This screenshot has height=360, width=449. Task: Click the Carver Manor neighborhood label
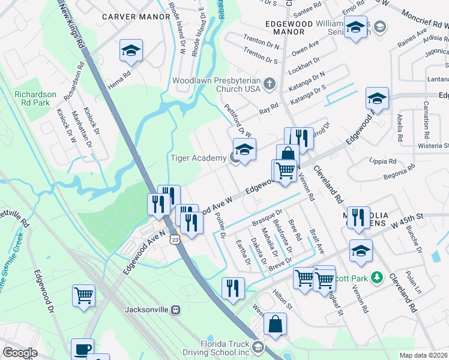[x=136, y=16]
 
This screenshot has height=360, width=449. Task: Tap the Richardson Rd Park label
[x=35, y=99]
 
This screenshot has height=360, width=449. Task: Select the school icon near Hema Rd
[x=130, y=52]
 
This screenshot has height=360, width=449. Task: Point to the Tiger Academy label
[x=197, y=158]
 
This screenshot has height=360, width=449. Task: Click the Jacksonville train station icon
[x=175, y=310]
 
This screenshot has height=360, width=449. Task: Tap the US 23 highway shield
[x=174, y=239]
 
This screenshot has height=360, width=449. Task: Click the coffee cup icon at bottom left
[x=82, y=349]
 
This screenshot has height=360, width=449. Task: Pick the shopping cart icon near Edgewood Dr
[x=83, y=295]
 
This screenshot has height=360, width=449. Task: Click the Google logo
[x=20, y=353]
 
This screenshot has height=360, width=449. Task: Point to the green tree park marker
[x=376, y=278]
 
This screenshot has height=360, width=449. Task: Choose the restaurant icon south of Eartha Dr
[x=233, y=288]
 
